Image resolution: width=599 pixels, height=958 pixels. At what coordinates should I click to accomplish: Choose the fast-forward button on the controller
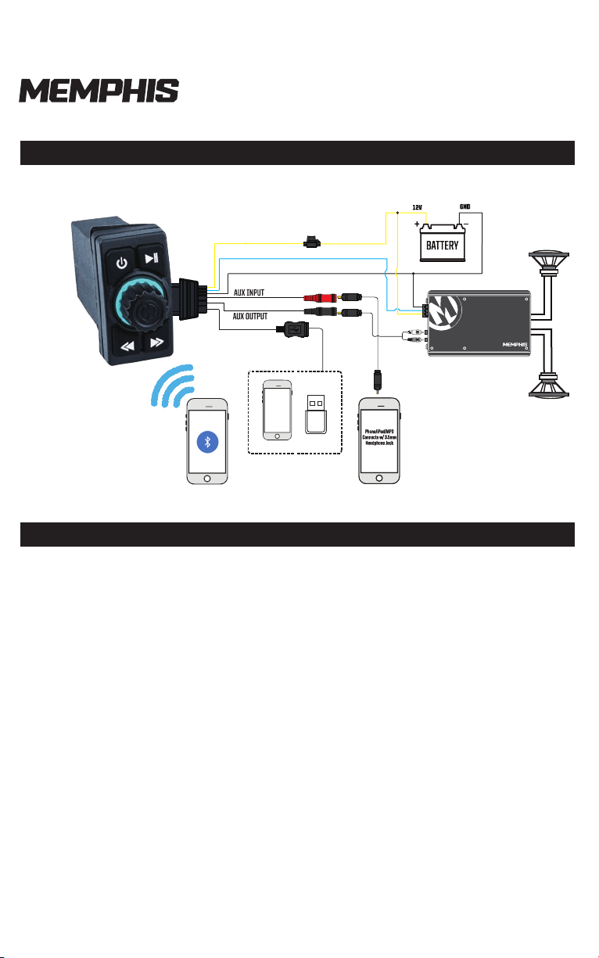coord(156,342)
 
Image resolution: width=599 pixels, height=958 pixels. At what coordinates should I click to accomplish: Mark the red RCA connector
coord(316,297)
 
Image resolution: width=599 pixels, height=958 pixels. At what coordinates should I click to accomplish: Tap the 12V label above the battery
coord(418,208)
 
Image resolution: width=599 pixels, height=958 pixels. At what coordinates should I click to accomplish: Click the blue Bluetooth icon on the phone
coord(207,441)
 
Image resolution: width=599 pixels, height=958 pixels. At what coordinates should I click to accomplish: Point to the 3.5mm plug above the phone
coord(378,382)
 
